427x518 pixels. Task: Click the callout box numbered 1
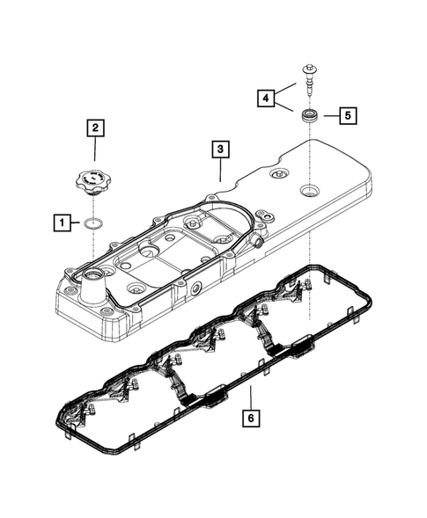pos(62,223)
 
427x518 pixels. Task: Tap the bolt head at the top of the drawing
pos(311,68)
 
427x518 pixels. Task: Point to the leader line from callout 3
pos(220,170)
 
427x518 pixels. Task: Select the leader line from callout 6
pos(250,398)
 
